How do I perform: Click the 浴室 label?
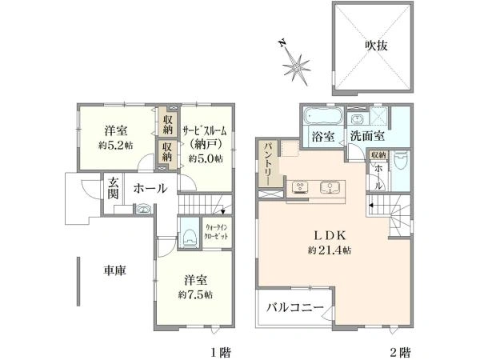[x=323, y=137]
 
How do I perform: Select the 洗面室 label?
[x=366, y=137]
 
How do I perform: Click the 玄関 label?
[x=114, y=189]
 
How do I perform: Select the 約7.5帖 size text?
[x=196, y=294]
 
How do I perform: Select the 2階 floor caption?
[x=401, y=352]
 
